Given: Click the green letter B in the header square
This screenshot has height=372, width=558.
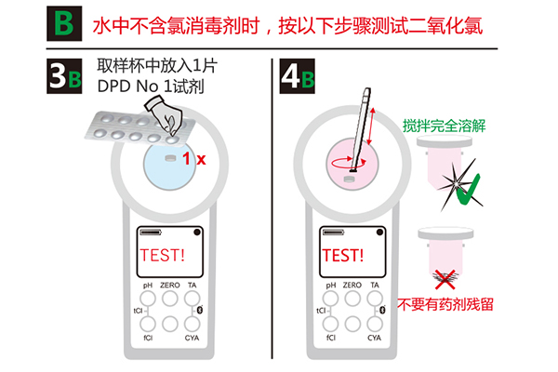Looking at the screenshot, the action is [64, 23].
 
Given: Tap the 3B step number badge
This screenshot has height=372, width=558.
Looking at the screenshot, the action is [64, 76].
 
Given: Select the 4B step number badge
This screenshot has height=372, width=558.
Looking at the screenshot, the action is [298, 76].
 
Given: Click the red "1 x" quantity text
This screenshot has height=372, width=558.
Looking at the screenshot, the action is [194, 159].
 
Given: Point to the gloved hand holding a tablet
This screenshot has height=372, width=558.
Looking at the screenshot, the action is [164, 113].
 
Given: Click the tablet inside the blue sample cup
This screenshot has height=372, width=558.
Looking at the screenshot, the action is [171, 158].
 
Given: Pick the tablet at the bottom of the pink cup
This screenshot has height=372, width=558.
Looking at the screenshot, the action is [351, 179].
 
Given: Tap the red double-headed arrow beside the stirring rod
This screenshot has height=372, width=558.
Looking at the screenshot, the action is [371, 126].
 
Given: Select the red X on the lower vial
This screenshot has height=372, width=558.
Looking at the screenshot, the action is [445, 279].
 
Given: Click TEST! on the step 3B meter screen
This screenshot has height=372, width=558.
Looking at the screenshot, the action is [162, 255].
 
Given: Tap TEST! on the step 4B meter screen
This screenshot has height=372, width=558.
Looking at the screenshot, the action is [342, 255].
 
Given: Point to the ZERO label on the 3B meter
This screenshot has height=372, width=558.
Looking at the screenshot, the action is [170, 286].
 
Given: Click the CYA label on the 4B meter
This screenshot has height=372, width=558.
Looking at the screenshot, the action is [374, 338].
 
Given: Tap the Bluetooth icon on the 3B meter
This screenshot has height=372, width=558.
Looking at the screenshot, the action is [200, 310].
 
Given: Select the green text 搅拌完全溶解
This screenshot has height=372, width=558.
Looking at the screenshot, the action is [445, 126].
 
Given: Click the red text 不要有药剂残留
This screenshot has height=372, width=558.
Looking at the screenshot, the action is [445, 304].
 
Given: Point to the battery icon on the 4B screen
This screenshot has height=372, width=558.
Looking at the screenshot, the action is [334, 232].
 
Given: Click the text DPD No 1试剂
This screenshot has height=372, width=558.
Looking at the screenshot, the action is [151, 86].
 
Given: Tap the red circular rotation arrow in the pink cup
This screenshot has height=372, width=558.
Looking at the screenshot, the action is [349, 163].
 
